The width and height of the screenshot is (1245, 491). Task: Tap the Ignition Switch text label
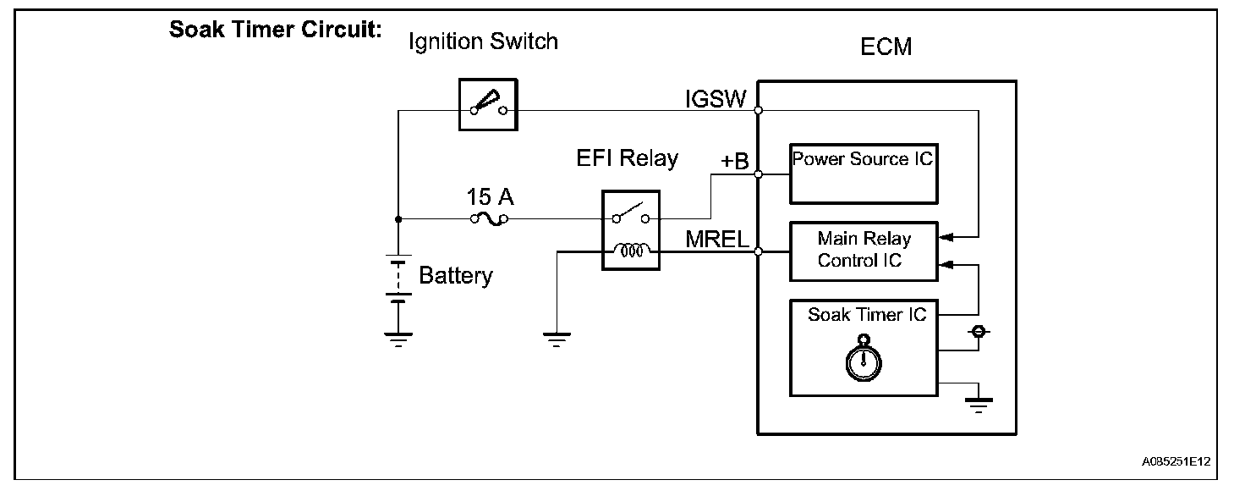pos(483,41)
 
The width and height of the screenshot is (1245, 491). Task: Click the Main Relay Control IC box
pos(863,251)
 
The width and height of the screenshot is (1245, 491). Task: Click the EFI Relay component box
pos(630,229)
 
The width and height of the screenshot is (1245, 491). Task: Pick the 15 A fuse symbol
pos(489,218)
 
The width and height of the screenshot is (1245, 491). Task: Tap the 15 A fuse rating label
pos(489,197)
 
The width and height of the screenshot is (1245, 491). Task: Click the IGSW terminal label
pos(716,100)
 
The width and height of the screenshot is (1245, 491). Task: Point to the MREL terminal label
pos(718,240)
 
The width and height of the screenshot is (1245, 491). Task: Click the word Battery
pos(455,275)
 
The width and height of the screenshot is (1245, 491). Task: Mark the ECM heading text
pos(886,47)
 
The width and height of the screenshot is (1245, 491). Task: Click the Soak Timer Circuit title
pos(276,30)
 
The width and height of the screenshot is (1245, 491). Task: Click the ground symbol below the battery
pos(397,339)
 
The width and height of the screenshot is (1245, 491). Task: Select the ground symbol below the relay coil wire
pos(557,340)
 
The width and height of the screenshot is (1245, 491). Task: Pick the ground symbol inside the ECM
pos(979,405)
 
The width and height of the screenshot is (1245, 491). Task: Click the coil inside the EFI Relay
pos(630,251)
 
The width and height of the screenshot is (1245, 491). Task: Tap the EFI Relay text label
pos(627,158)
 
